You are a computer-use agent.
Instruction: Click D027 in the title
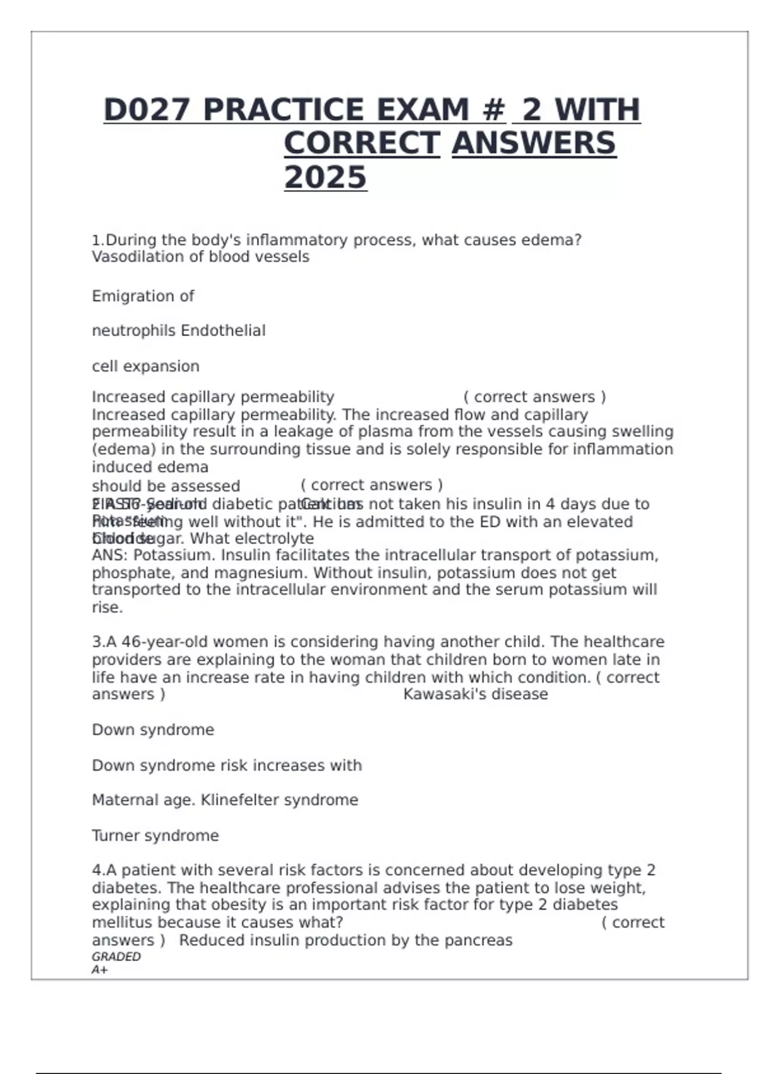coord(146,110)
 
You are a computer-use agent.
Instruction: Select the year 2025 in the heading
coord(325,178)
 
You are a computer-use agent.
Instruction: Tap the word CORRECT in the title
coord(361,143)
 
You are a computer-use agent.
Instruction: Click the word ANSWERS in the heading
coord(534,143)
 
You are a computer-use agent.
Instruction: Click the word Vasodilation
coord(129,257)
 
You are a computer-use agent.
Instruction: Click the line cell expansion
coord(145,366)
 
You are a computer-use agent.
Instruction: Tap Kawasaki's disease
coord(475,694)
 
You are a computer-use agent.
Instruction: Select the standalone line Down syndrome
coord(153,730)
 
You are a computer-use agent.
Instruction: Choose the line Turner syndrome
coord(155,835)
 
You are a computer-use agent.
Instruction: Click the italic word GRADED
coord(116,956)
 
